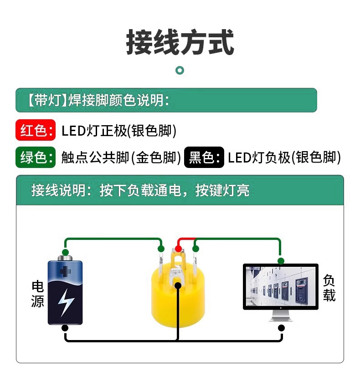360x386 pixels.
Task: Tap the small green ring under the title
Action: tap(180, 70)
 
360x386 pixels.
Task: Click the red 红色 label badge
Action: tap(36, 131)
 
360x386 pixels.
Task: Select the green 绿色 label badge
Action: tap(36, 157)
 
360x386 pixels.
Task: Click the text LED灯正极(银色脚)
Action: tap(119, 131)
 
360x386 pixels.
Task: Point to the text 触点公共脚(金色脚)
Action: tap(121, 157)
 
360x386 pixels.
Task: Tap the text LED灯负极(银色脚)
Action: tap(284, 157)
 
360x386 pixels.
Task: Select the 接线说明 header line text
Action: tap(140, 190)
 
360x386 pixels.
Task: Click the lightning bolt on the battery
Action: tap(66, 301)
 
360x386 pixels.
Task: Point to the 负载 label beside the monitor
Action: tap(329, 288)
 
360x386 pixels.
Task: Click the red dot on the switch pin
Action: tap(178, 249)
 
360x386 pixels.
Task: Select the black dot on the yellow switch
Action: tap(178, 285)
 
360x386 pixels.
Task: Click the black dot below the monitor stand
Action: tap(281, 328)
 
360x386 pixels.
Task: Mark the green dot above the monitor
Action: tap(281, 261)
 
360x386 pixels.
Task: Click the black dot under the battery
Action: tap(66, 328)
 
